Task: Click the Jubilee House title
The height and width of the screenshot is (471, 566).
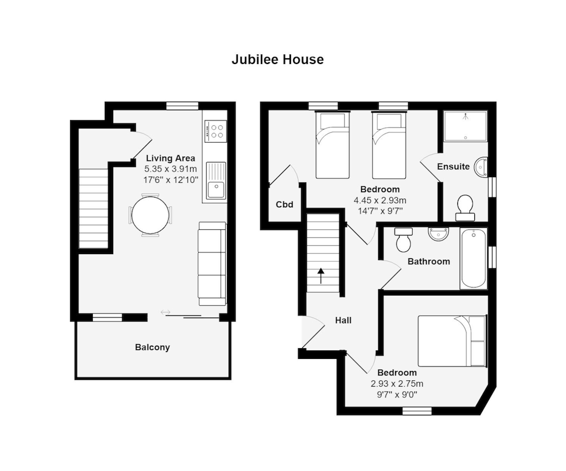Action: click(277, 59)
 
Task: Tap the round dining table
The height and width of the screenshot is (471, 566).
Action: click(151, 215)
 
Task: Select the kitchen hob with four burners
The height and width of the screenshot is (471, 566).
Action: click(216, 131)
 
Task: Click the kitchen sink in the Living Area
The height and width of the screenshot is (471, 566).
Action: click(216, 181)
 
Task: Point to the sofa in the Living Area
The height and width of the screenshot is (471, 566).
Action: click(212, 263)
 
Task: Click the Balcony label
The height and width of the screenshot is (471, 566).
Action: click(152, 347)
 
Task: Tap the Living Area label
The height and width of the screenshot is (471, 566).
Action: click(170, 159)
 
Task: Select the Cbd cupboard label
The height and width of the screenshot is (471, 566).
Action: click(284, 204)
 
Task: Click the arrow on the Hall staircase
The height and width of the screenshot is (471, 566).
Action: click(321, 276)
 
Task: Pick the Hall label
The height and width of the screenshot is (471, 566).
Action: click(343, 320)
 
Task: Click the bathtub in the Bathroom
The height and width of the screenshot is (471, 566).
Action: click(473, 258)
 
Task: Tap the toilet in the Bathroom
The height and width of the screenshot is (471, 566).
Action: click(404, 240)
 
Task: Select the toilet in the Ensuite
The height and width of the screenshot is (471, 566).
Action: click(465, 207)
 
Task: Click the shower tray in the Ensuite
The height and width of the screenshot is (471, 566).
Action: click(465, 126)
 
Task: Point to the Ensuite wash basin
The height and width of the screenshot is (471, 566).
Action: click(482, 167)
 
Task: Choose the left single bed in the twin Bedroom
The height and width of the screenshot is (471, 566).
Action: click(332, 145)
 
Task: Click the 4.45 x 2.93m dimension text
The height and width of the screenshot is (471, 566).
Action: click(380, 200)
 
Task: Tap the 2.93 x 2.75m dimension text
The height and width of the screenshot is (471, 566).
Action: click(397, 384)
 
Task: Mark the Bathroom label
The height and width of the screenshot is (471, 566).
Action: click(428, 262)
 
